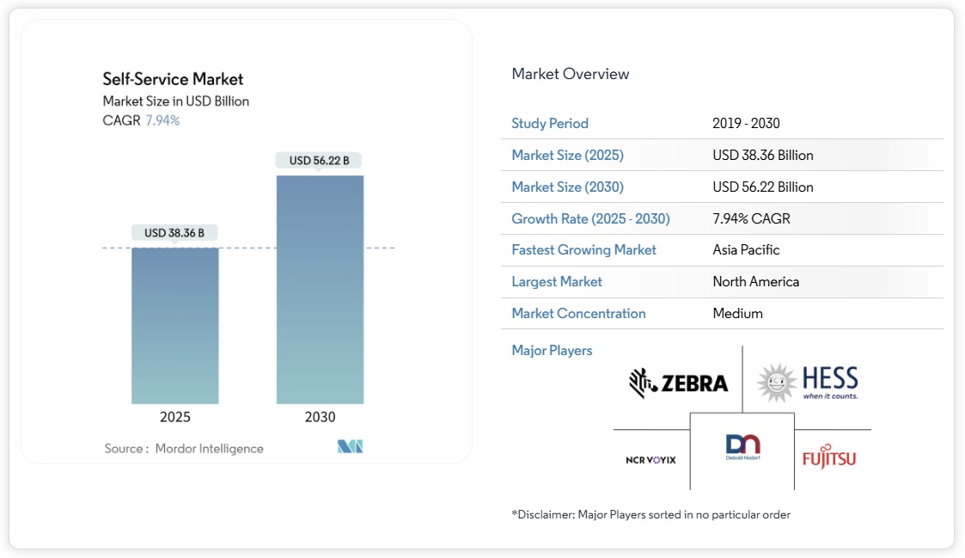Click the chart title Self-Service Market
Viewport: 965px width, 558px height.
tap(173, 79)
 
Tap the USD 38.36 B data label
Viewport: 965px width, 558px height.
tap(174, 232)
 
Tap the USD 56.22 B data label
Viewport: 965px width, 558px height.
tap(319, 161)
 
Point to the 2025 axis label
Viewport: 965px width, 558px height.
tap(175, 417)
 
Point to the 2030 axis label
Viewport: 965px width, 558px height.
tap(320, 417)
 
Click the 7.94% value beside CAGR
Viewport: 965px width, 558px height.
tap(162, 120)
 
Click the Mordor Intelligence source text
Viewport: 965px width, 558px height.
tap(209, 448)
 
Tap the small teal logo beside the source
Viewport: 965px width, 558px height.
tap(350, 447)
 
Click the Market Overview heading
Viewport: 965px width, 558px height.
tap(570, 74)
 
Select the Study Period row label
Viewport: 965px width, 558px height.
tap(550, 123)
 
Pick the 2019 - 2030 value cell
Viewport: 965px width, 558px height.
tap(746, 123)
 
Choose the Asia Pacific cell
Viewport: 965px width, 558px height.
tap(746, 249)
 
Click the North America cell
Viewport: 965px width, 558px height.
tap(755, 281)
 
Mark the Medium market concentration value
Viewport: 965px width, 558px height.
tap(737, 313)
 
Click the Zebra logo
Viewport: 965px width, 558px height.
tap(678, 383)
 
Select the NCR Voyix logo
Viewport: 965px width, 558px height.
tap(650, 460)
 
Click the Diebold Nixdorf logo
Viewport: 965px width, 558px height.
tap(742, 448)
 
